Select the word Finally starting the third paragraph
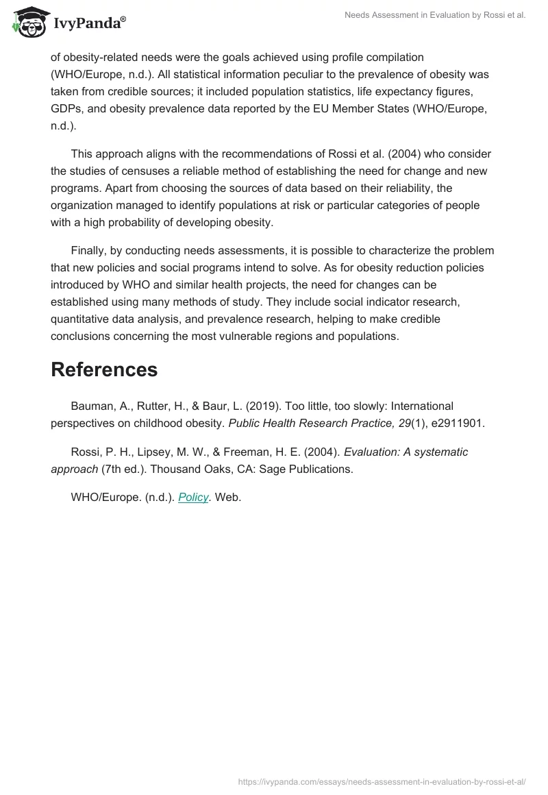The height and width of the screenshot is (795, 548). click(x=89, y=250)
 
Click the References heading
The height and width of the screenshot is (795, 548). click(x=104, y=369)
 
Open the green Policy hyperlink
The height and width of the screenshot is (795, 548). click(x=193, y=498)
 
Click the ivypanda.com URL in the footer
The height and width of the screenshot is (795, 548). click(x=382, y=781)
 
